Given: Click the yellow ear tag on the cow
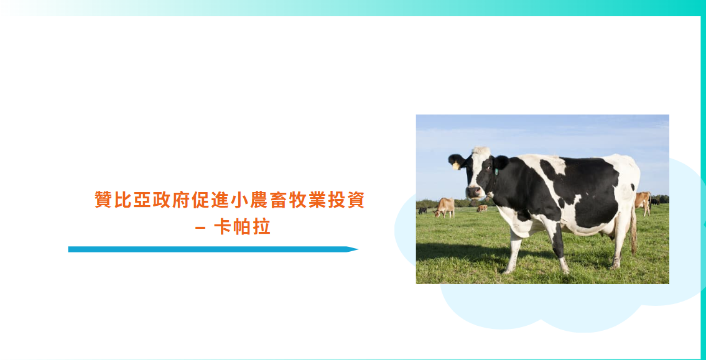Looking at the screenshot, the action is point(456,165).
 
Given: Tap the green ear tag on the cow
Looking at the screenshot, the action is point(496,172).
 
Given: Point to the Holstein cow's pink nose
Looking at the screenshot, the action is point(473,192).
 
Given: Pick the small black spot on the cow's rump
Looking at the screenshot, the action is point(632,187).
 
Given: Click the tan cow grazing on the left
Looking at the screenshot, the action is point(444,208).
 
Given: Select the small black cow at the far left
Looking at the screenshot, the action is point(422,210).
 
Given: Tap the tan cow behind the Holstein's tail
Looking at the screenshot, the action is point(643,203).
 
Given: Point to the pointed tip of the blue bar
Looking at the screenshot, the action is point(358,249).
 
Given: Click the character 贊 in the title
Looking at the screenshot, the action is point(103,200).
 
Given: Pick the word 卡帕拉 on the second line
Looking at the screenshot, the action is point(242,227).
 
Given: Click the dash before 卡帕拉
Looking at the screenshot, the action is point(201,228).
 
